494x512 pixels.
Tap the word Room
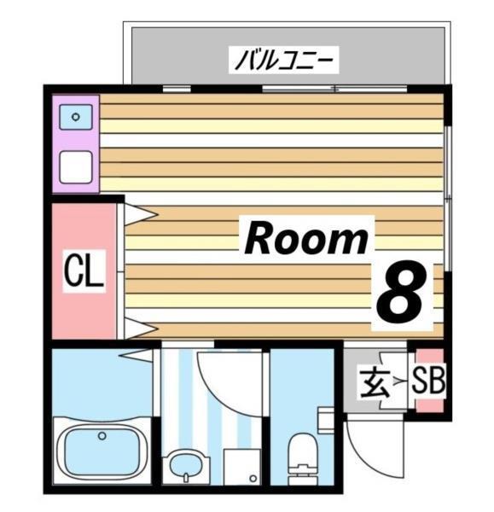coord(306,239)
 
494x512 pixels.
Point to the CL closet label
coord(84,273)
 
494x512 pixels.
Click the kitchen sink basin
coord(75,117)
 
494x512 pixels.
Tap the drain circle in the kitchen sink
coord(75,118)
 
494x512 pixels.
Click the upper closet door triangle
coord(138,213)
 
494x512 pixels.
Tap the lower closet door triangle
coord(138,327)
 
